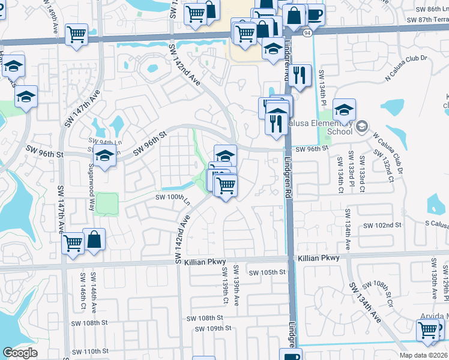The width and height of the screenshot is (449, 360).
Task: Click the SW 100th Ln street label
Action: coord(173,197)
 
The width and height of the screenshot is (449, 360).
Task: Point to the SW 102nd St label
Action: coord(382,225)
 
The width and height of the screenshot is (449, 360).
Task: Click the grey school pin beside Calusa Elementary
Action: coord(362,126)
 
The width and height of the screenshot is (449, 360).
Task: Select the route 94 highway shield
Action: coord(307,33)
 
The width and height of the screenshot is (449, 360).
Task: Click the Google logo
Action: coord(20,353)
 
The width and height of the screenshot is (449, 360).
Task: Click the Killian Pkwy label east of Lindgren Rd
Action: coord(318,258)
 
